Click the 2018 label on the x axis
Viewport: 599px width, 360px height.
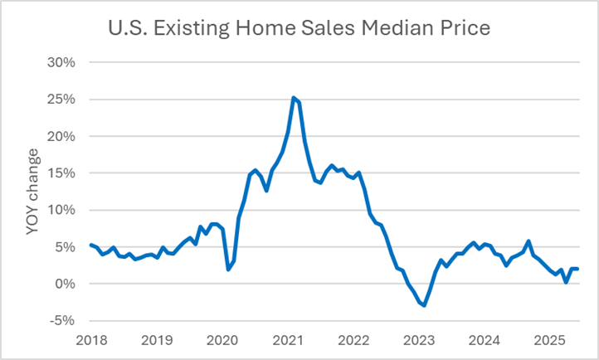tap(90, 340)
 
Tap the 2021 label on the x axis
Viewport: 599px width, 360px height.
tap(287, 340)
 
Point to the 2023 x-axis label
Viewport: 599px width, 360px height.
tap(418, 340)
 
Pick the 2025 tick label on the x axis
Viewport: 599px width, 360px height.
tap(549, 340)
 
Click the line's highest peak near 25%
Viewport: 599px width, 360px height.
tap(293, 98)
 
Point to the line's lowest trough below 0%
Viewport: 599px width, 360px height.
tap(424, 305)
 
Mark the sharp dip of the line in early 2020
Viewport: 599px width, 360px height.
tap(228, 269)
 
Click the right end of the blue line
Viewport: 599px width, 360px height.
tap(577, 268)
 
